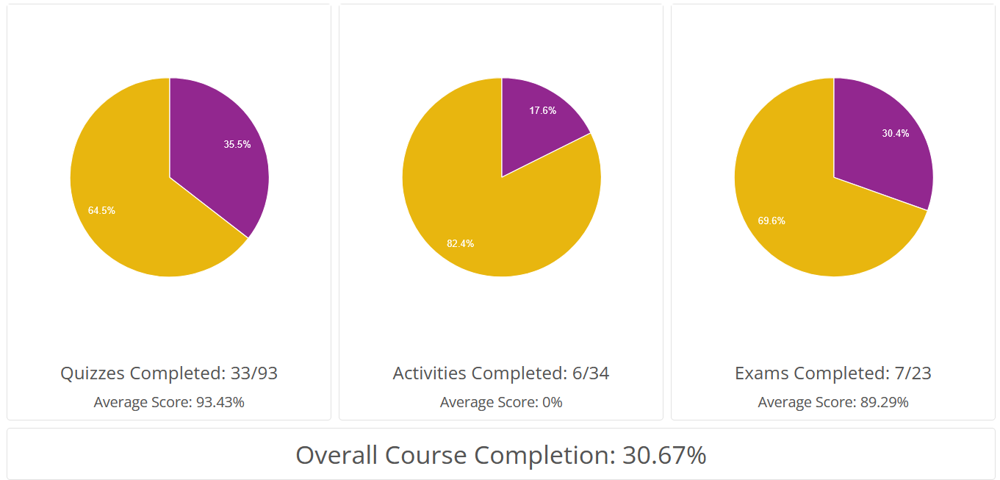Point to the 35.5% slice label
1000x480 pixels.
tap(237, 144)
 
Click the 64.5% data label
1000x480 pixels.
tap(101, 210)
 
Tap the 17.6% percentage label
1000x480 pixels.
tap(542, 110)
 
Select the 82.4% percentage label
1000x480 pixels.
tap(460, 243)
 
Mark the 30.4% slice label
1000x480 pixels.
tap(896, 133)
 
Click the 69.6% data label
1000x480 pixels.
tap(771, 220)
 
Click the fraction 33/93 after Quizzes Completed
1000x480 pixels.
tap(253, 373)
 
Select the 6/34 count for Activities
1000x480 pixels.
tap(591, 373)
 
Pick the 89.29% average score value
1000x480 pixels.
tap(884, 402)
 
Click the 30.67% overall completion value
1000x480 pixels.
tap(664, 455)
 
